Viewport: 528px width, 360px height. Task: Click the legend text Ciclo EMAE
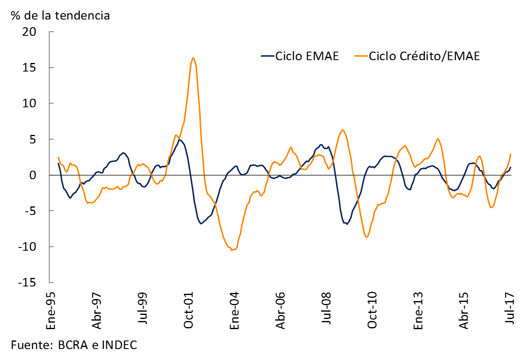pyautogui.click(x=307, y=56)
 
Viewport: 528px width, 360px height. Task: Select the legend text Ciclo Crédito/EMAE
pyautogui.click(x=424, y=56)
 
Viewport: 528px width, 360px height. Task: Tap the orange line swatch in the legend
pyautogui.click(x=361, y=56)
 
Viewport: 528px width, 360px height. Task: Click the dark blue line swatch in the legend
pyautogui.click(x=267, y=56)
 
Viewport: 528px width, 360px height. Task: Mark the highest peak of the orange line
pyautogui.click(x=193, y=58)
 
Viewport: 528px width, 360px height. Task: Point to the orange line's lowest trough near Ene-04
pyautogui.click(x=232, y=250)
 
